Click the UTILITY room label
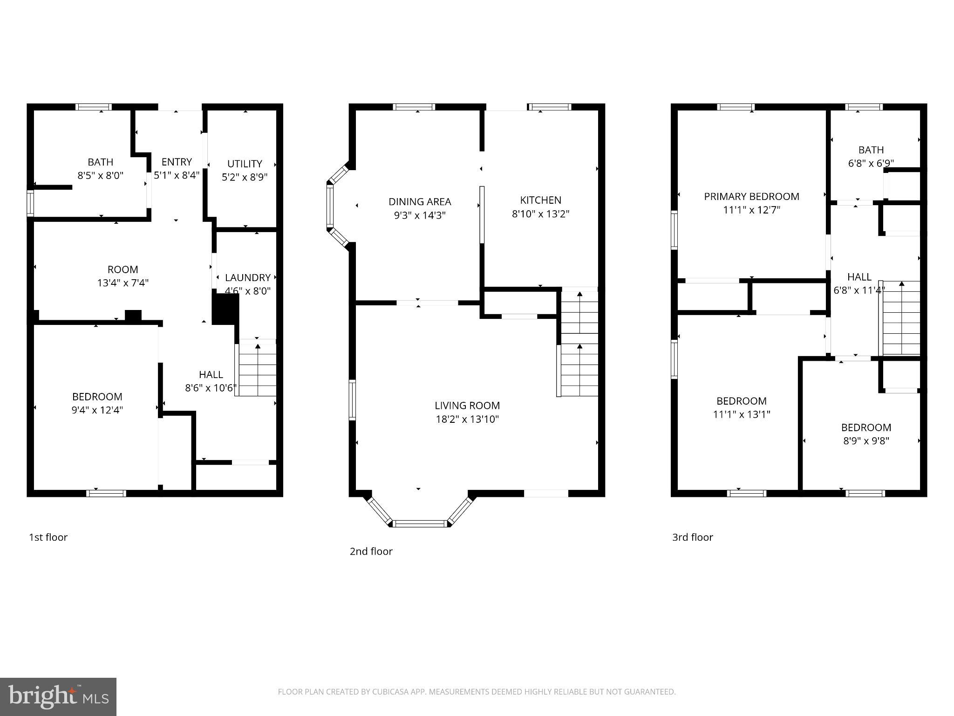(245, 164)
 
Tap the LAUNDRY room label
(247, 277)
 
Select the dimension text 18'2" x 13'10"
(467, 419)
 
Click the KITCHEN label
(540, 200)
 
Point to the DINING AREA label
(420, 201)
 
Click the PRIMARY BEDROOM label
(751, 196)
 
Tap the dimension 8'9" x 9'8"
(866, 441)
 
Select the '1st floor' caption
(48, 537)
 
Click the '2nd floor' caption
(371, 551)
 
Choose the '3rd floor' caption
(692, 537)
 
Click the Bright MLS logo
(58, 696)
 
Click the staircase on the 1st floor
(257, 370)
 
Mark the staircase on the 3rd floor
(901, 319)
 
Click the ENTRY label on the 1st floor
(177, 162)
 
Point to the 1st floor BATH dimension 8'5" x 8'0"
(100, 176)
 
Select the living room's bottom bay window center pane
(420, 523)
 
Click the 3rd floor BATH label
(871, 150)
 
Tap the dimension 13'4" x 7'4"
(123, 283)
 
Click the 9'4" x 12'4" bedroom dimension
(97, 410)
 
